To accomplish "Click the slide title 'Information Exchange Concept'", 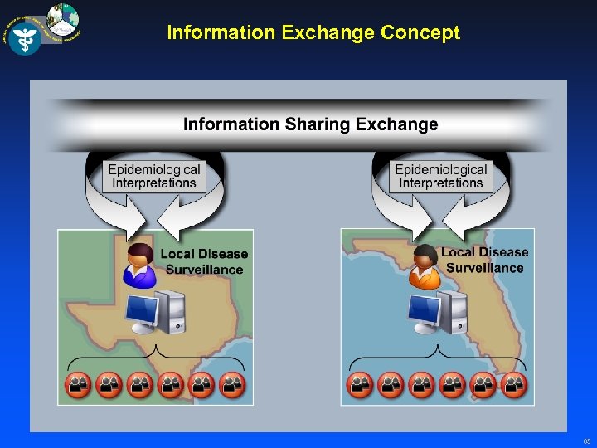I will [313, 33].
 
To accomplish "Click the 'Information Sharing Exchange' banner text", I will [310, 124].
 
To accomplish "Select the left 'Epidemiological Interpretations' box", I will [154, 176].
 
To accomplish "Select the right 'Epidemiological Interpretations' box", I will [440, 176].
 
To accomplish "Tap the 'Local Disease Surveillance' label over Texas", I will [204, 261].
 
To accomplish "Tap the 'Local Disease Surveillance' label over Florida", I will [484, 260].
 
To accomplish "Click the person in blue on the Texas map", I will [138, 265].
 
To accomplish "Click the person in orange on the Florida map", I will [425, 266].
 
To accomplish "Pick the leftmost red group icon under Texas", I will [78, 384].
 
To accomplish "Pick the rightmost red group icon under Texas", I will [233, 384].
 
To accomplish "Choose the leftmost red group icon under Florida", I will [360, 384].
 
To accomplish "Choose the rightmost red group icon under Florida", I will [515, 384].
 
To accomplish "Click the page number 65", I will [587, 441].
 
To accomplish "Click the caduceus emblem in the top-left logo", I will [25, 37].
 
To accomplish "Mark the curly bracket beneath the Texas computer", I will [156, 358].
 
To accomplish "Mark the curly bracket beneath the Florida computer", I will [438, 358].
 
